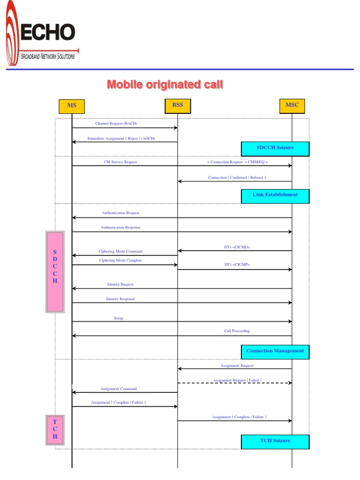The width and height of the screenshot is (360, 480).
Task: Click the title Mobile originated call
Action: click(165, 84)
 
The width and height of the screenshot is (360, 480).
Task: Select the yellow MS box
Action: click(72, 106)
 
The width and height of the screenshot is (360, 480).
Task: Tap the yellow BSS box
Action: click(178, 105)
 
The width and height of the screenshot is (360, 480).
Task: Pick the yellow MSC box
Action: click(292, 105)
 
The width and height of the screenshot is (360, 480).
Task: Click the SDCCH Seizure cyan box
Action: click(275, 148)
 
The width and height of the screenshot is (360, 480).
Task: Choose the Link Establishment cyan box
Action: click(275, 195)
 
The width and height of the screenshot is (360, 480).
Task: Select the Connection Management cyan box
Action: click(275, 352)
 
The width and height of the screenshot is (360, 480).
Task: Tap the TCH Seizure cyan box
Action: click(275, 442)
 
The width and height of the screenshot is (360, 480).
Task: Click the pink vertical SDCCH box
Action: click(55, 271)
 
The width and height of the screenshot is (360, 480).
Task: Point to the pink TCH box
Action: click(55, 429)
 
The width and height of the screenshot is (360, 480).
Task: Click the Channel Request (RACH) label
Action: click(116, 124)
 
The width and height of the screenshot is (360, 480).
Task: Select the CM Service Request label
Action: click(120, 162)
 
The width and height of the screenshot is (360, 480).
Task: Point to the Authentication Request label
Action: click(120, 213)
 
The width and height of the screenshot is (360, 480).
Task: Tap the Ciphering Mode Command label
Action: click(120, 252)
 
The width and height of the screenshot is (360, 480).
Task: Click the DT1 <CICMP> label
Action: click(237, 265)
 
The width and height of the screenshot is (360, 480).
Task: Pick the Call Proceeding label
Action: click(237, 331)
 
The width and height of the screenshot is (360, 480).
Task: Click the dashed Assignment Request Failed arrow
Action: click(234, 383)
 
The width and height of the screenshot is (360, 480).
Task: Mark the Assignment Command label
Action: click(119, 389)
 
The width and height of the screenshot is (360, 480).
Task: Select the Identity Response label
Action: click(120, 299)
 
